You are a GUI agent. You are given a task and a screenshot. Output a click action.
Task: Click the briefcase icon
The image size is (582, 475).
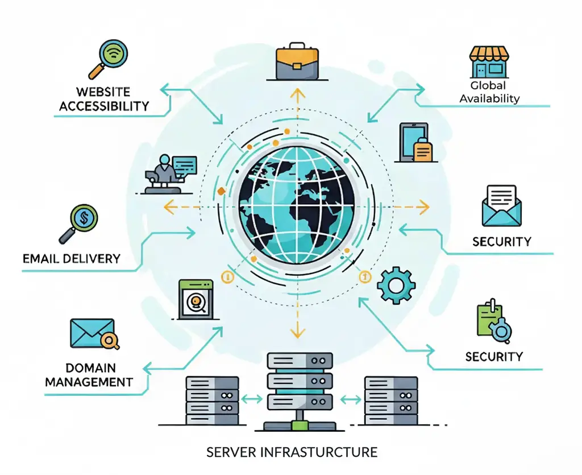click(296, 62)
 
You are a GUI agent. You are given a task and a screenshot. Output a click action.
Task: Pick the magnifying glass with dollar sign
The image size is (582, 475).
click(82, 222)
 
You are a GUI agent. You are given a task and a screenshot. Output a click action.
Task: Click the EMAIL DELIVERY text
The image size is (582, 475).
click(72, 258)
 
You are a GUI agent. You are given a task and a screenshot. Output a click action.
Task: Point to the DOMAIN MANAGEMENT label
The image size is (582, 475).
click(89, 374)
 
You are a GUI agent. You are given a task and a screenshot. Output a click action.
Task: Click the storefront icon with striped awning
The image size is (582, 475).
click(489, 62)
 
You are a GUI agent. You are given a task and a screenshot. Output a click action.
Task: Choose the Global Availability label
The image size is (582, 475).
click(489, 92)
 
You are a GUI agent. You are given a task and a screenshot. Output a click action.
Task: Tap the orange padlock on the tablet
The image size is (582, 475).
click(423, 150)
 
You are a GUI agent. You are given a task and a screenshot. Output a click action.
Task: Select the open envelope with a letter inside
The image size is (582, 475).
click(500, 206)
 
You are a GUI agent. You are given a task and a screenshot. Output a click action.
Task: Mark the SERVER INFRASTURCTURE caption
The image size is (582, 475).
click(292, 452)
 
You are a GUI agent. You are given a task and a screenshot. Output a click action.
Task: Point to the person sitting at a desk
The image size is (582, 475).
click(165, 173)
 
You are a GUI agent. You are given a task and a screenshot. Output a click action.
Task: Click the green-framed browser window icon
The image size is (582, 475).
click(196, 298)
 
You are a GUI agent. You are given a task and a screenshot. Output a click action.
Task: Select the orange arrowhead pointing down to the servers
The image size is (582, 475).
click(295, 333)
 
